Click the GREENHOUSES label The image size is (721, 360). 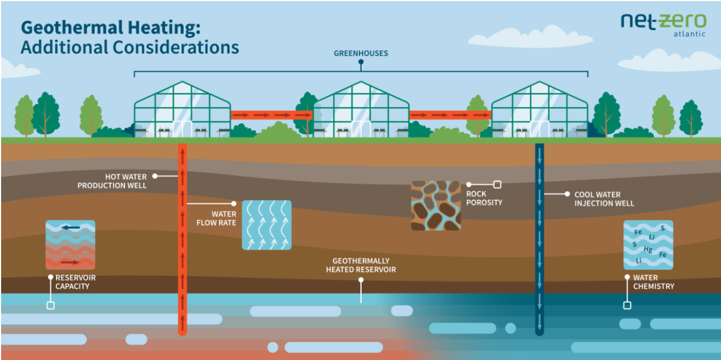[360, 54]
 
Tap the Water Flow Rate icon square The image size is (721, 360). [266, 225]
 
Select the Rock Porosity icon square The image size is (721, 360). [436, 206]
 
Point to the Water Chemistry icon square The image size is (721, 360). [648, 245]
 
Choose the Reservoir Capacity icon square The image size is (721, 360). [70, 245]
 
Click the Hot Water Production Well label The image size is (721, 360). [112, 181]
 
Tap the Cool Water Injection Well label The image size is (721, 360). [604, 199]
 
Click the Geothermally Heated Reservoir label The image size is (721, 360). [360, 265]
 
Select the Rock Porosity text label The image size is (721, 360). [484, 198]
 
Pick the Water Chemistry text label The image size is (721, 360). [653, 282]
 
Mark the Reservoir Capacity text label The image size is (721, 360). [76, 282]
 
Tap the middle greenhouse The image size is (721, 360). [361, 109]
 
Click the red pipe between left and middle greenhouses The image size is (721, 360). [272, 115]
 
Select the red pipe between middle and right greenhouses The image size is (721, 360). [450, 115]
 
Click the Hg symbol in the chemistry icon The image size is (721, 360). [648, 250]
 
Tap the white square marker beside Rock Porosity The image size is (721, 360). [496, 184]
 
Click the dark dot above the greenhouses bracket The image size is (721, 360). [360, 62]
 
